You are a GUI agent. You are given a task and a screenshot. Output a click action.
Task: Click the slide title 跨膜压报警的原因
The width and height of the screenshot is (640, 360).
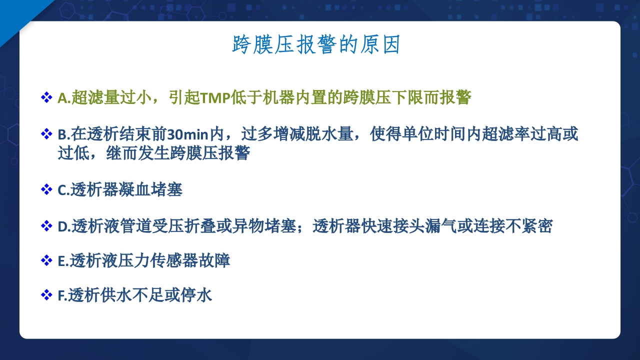pyautogui.click(x=316, y=45)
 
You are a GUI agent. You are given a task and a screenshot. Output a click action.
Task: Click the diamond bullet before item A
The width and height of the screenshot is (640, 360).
pyautogui.click(x=46, y=97)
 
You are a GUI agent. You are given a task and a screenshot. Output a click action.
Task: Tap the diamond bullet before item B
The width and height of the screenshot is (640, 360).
pyautogui.click(x=46, y=134)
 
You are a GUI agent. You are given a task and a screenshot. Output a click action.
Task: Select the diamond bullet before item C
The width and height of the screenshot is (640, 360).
pyautogui.click(x=46, y=189)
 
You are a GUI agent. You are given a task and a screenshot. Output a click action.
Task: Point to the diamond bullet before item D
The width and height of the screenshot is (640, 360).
pyautogui.click(x=46, y=226)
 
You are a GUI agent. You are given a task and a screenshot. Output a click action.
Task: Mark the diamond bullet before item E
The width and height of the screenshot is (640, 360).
pyautogui.click(x=46, y=260)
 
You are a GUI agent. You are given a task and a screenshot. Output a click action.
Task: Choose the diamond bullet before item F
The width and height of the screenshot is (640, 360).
pyautogui.click(x=46, y=295)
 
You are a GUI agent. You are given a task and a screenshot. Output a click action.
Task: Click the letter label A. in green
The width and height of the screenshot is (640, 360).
pyautogui.click(x=64, y=97)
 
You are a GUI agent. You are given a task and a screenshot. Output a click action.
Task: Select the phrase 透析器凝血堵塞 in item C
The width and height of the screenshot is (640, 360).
pyautogui.click(x=126, y=190)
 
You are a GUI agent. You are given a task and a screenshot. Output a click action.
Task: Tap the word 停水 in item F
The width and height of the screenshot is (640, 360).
pyautogui.click(x=200, y=295)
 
